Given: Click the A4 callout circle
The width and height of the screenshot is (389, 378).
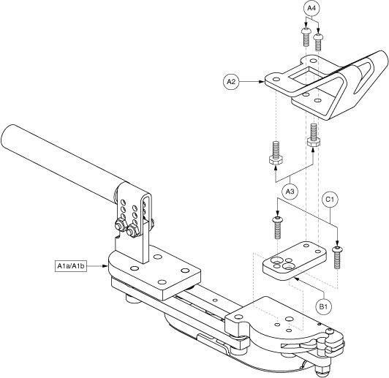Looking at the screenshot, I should (311, 8).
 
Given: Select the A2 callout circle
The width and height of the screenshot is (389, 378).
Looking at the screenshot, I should (232, 83).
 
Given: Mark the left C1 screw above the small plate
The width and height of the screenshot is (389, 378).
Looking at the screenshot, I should (278, 228).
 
